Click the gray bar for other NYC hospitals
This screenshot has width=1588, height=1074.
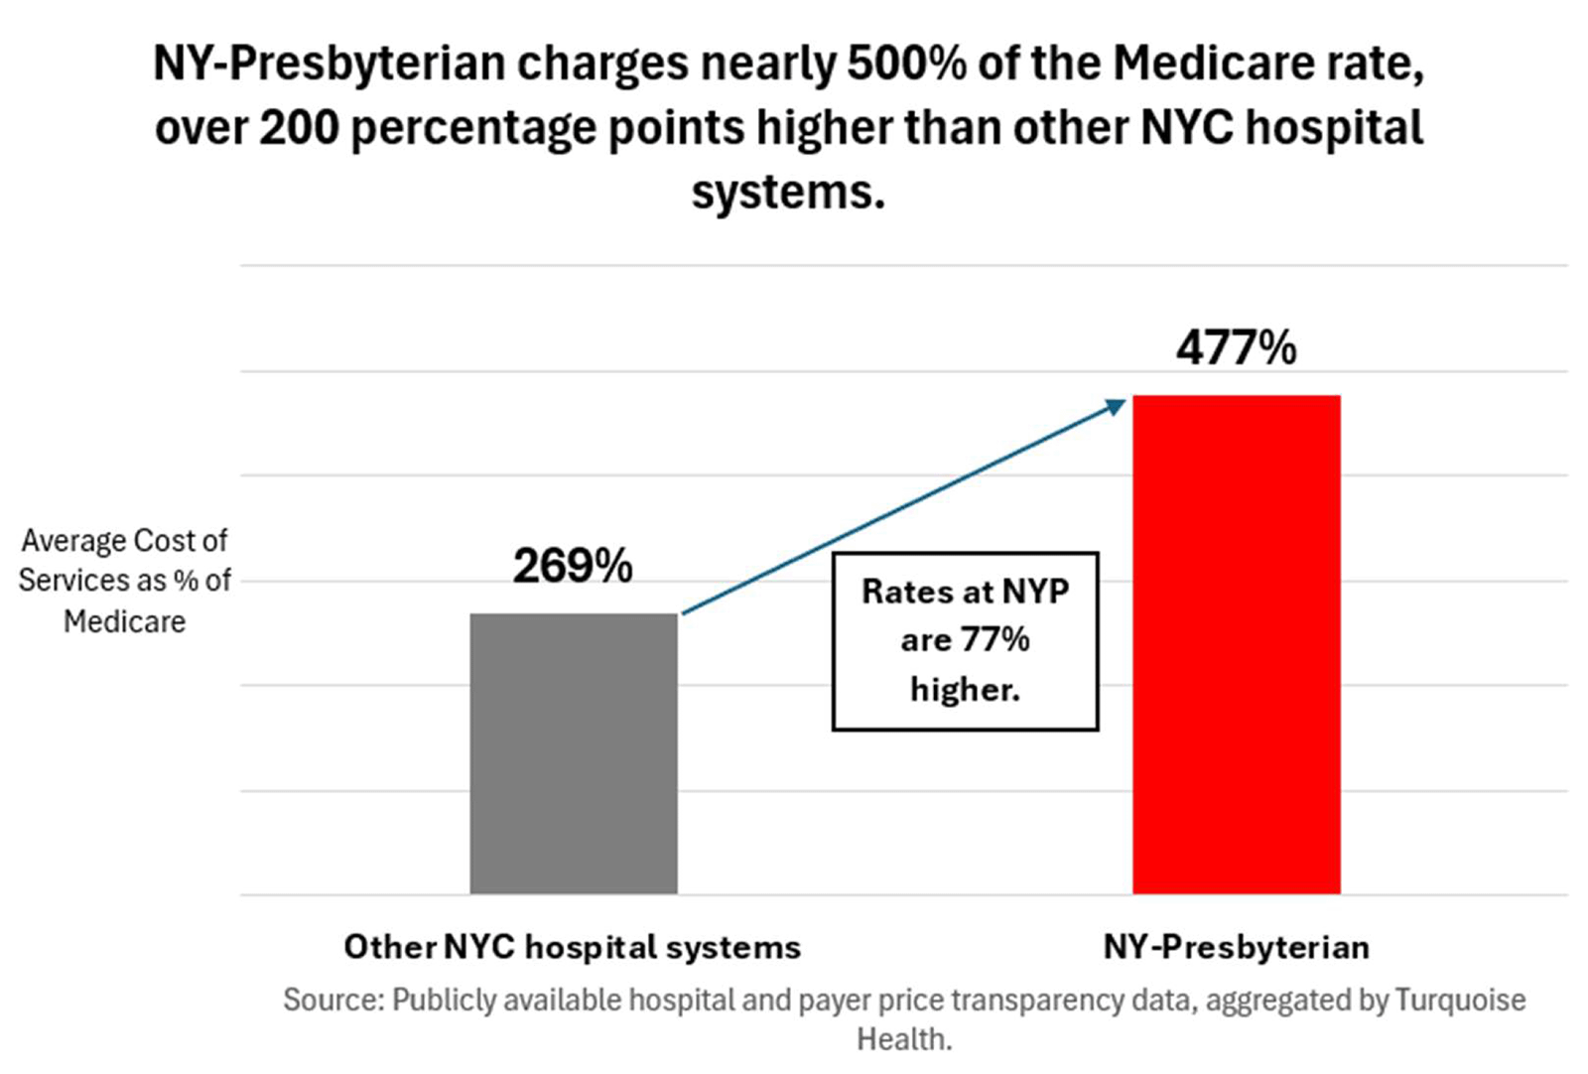574,753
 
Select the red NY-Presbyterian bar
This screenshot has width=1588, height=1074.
1237,644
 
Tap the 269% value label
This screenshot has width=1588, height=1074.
573,566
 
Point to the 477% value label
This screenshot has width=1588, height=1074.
1237,347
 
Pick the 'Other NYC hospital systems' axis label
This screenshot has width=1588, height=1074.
573,947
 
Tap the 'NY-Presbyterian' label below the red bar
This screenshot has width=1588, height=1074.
1237,947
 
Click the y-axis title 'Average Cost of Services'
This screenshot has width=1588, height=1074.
125,560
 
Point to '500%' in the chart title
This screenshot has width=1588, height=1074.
907,64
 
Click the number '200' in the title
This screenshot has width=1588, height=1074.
300,128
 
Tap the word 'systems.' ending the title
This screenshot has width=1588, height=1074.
788,193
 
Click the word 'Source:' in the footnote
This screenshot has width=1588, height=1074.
333,1000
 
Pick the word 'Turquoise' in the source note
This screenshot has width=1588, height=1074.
1461,1000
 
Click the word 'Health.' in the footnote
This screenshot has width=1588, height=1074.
904,1039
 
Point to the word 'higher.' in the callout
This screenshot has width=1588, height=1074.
966,688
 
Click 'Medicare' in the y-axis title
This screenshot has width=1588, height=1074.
125,621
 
